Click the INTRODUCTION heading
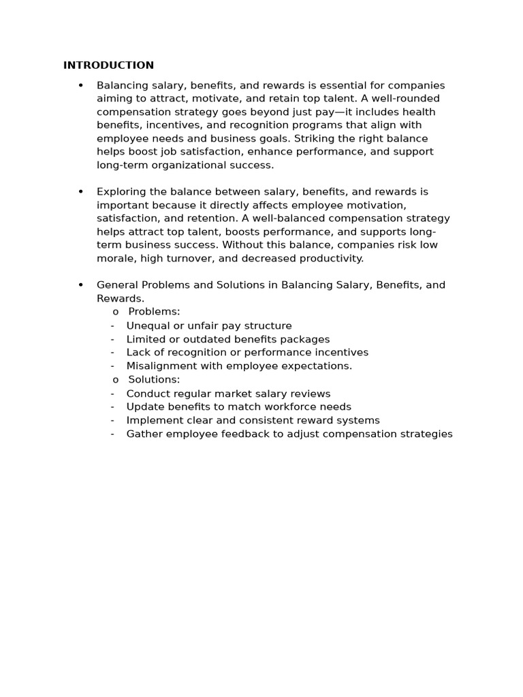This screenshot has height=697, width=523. coord(108,65)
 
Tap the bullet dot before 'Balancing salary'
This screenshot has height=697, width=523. coord(81,86)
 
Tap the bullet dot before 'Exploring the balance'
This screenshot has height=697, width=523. coord(81,192)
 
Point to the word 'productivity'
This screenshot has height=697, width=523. coord(332,258)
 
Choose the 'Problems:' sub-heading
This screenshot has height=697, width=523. coord(154,312)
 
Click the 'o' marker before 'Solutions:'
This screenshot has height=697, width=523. coord(116,380)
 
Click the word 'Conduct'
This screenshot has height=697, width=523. coord(146,393)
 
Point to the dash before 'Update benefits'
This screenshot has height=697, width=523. coord(112,407)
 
